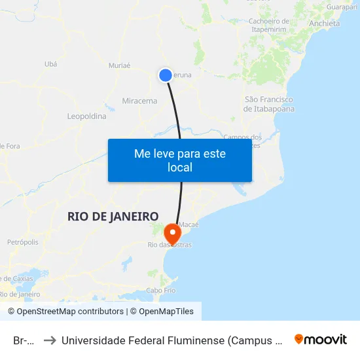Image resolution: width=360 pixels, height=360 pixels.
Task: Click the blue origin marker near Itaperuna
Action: pos(166,75)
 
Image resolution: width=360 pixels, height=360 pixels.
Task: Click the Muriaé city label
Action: pos(119,65)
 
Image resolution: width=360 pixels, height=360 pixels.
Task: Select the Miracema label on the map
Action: pos(139,101)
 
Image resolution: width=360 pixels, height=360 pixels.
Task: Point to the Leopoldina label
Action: pos(86,116)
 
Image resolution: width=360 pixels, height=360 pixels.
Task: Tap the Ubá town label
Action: pos(50,63)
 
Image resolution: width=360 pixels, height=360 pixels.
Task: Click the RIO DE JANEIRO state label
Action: pos(113,217)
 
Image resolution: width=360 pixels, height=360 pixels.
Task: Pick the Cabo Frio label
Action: pos(160,290)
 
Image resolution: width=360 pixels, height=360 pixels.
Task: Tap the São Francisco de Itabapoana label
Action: pos(268,104)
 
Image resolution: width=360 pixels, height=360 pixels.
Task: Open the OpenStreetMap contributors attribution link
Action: pos(70,312)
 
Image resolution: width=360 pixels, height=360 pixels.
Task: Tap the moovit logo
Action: pos(321,339)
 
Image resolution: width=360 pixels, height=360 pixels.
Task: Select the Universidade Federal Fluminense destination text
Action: pos(171,340)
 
